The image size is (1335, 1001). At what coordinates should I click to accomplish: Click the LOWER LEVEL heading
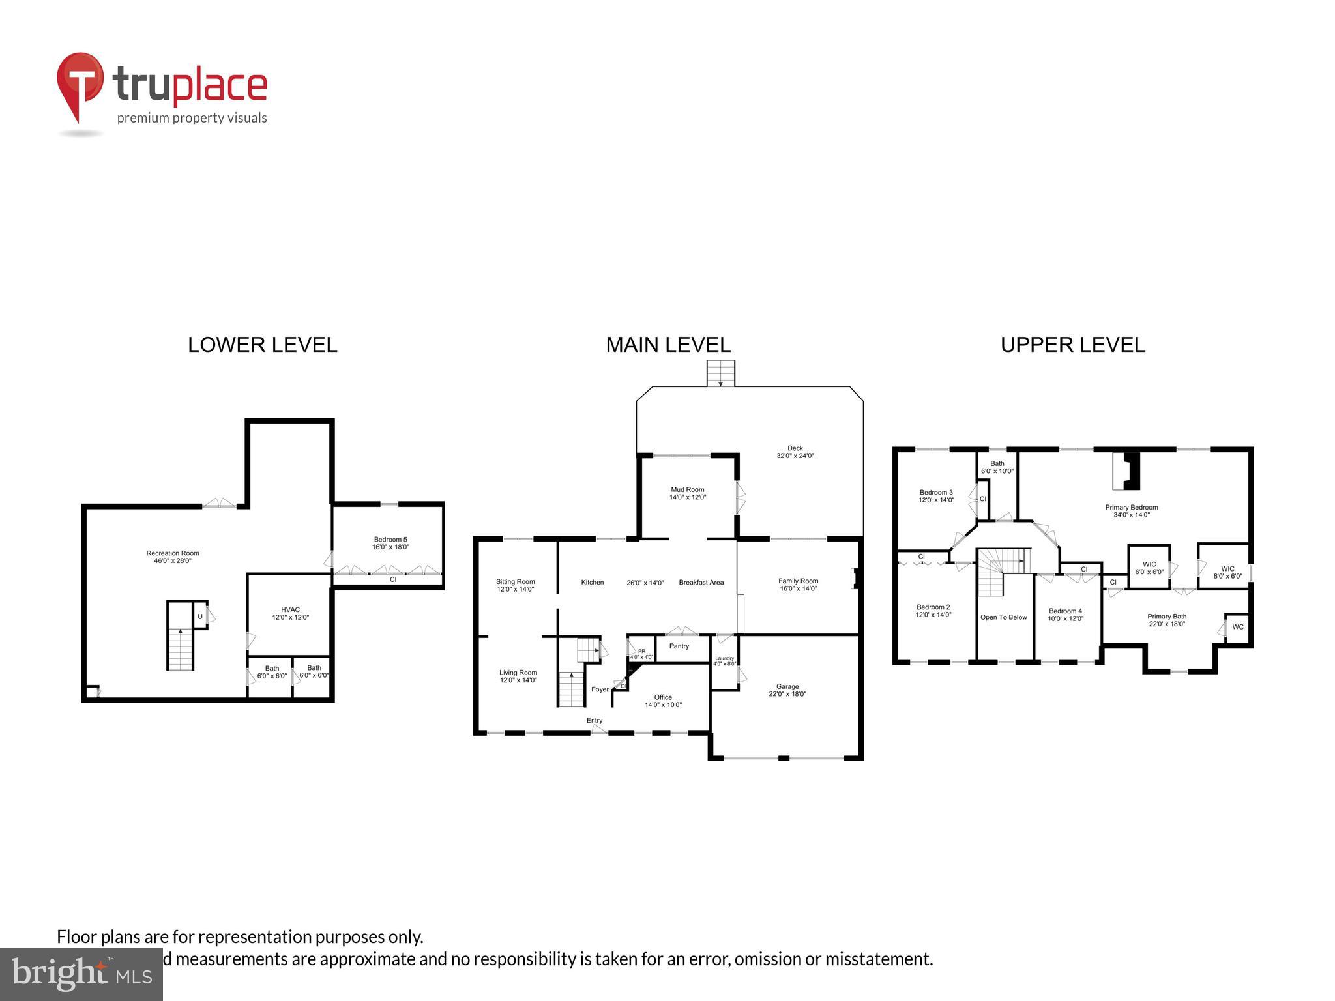pos(262,345)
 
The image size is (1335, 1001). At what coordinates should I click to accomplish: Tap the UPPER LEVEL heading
pos(1072,345)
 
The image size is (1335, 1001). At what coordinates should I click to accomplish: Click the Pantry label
pos(679,646)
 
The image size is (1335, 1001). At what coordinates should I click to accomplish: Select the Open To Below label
pos(1003,617)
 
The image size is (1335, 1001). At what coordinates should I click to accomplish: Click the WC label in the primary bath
pos(1237,627)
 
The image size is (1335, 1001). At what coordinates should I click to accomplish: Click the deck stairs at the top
pos(720,373)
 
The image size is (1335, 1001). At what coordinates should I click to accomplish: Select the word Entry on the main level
pos(594,720)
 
